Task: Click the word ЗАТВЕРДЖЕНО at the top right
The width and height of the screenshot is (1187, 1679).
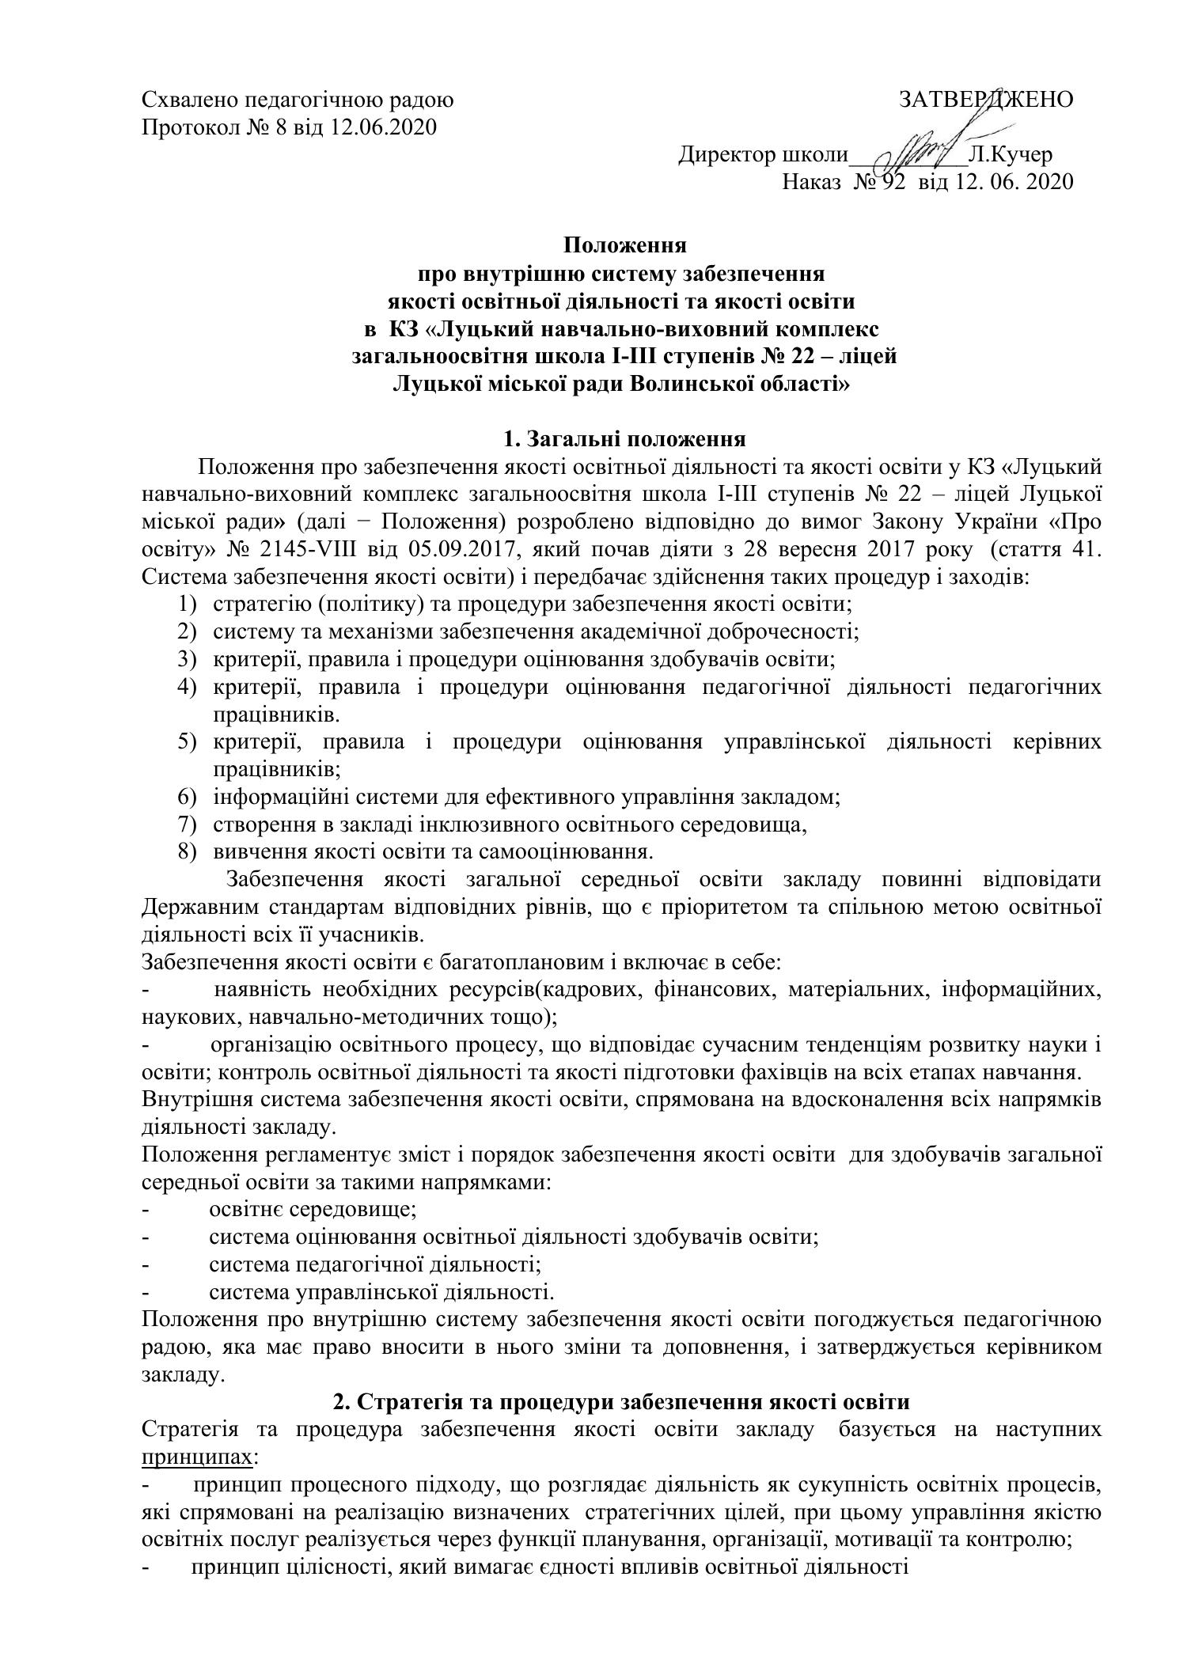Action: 985,100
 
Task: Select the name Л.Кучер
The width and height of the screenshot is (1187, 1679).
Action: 1010,155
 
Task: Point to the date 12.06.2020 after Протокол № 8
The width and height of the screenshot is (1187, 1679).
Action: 384,127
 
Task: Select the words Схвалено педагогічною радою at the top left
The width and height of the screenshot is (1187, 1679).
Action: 298,100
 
